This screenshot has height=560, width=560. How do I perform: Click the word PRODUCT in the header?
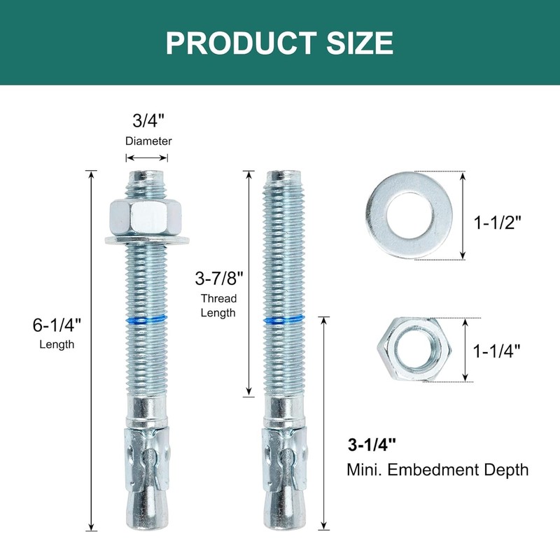pos(241,43)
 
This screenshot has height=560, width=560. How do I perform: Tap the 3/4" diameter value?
pos(148,120)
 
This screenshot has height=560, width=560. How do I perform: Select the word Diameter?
pos(148,141)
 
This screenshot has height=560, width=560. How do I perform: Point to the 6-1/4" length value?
pos(57,325)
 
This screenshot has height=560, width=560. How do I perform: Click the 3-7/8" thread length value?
pos(219,278)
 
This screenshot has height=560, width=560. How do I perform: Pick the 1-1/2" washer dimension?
pos(498,223)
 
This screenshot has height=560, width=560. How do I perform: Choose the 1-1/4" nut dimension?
pos(497,351)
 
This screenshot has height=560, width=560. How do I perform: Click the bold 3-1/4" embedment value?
pos(372,445)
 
